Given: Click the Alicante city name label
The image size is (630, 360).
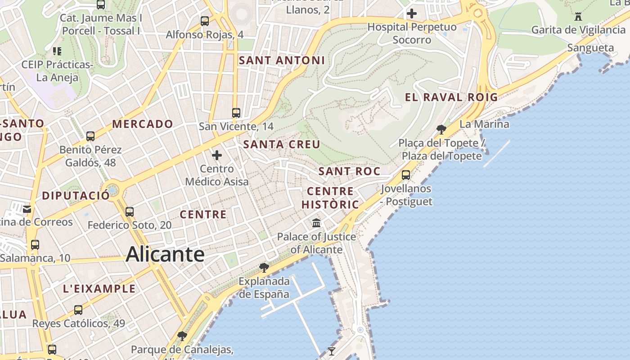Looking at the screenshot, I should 165,254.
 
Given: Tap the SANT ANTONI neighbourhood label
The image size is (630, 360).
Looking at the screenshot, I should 282,60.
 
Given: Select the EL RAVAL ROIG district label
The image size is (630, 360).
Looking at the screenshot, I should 451,97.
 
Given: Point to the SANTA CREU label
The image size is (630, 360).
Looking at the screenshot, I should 282,144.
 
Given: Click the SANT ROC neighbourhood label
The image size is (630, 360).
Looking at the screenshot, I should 349,171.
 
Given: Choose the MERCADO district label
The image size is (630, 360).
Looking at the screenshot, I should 143,124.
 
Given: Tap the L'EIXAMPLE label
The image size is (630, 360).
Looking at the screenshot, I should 99,289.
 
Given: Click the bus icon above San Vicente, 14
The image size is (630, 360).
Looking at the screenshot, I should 236,112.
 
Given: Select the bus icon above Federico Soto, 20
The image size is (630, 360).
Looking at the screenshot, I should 130,211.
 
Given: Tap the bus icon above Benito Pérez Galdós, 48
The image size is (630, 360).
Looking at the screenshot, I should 90,136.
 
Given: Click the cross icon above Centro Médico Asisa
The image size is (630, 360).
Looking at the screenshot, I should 217,156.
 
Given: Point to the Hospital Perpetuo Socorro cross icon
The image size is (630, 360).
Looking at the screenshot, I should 411,13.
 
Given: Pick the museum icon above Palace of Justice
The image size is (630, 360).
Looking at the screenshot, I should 316,223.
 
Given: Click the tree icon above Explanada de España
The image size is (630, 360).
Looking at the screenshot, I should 264,268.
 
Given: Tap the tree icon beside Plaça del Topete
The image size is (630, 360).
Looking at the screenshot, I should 441,130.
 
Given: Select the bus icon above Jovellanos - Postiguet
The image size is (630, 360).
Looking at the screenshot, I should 406,175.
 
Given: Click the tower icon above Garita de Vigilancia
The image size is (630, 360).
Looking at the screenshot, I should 578,17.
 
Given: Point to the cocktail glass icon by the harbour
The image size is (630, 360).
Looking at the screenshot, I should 332,351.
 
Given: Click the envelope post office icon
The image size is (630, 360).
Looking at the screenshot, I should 27,209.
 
